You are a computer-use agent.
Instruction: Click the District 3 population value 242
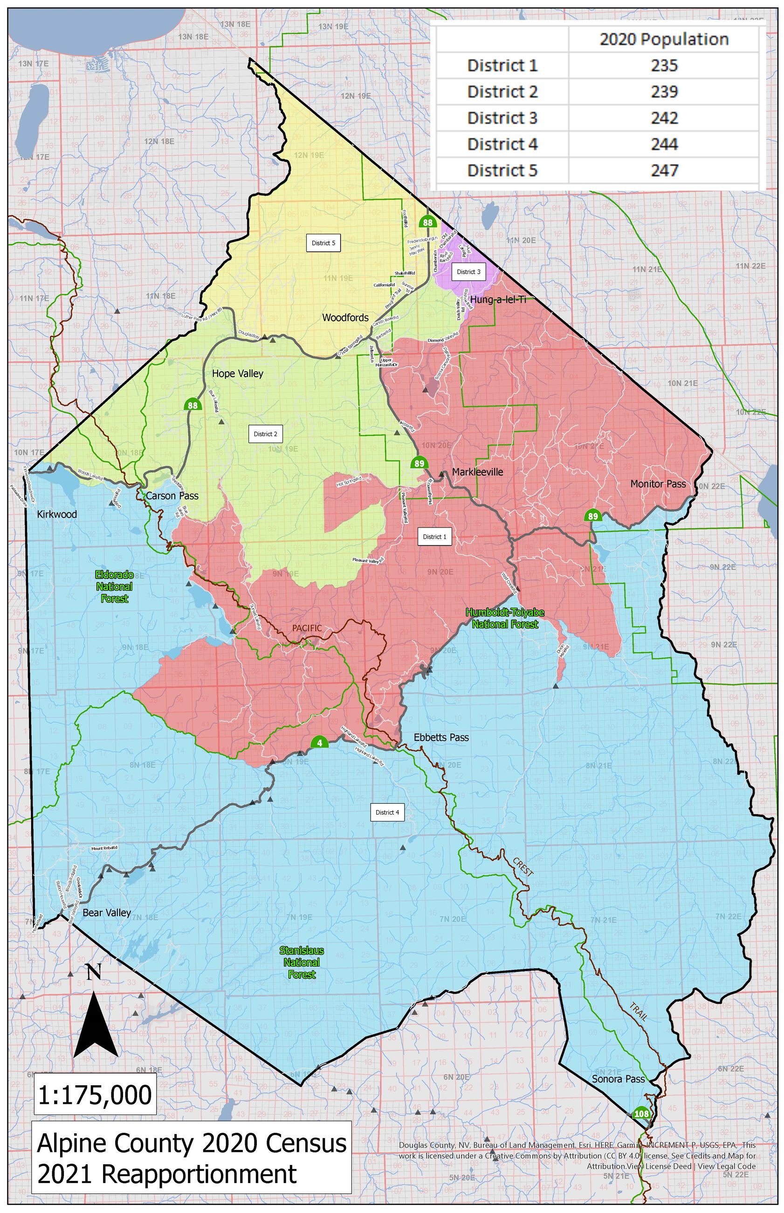pos(664,118)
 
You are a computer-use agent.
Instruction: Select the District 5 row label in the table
pos(502,170)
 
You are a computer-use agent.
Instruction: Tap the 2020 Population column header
pos(664,39)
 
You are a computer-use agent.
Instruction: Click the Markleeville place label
pos(477,472)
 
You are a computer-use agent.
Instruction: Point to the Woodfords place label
pos(345,317)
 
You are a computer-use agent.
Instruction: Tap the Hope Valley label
pos(237,373)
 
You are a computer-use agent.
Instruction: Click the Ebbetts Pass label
pos(441,737)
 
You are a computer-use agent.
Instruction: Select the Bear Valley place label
pos(106,913)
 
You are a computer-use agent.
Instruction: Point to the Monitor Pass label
pos(658,483)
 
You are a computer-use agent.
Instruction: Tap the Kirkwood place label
pos(57,514)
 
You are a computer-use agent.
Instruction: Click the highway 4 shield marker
pos(319,742)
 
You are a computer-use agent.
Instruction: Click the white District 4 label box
pos(387,812)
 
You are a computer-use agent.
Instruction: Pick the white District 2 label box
pos(265,434)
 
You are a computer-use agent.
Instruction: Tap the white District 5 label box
pos(323,243)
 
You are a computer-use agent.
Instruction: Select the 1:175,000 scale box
pos(95,1094)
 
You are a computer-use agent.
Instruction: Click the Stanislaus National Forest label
pos(302,962)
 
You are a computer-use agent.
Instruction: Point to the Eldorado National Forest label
pos(114,586)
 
